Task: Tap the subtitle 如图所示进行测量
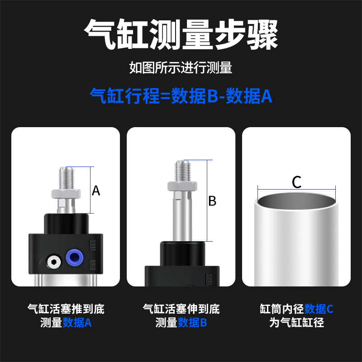coord(181,68)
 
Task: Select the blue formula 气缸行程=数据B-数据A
coord(181,96)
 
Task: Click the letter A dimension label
coord(96,191)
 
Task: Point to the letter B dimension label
coord(212,201)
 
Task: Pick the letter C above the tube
coord(296,182)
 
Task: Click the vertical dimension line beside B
coord(207,201)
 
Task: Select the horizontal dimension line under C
coord(296,190)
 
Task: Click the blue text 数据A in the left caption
coord(77,323)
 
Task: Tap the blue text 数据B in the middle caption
coord(192,323)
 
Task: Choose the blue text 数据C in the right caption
coord(319,310)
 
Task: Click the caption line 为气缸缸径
coord(296,323)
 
